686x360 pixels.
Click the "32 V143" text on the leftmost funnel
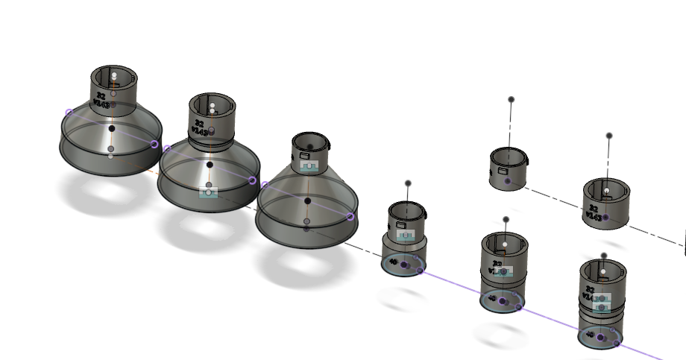[101, 100]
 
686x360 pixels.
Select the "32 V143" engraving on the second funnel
[199, 127]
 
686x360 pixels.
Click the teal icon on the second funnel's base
[209, 192]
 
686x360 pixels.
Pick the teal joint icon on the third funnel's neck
[308, 165]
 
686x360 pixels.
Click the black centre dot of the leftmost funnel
[112, 129]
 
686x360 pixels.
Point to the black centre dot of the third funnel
[307, 200]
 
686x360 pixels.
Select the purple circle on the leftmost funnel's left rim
[69, 113]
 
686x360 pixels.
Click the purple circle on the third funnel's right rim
[350, 217]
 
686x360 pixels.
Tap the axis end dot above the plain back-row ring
[511, 99]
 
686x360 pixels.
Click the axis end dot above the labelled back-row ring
[609, 136]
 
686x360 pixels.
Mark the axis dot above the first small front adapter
[408, 183]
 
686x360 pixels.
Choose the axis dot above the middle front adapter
[506, 220]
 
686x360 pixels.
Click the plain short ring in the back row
[507, 170]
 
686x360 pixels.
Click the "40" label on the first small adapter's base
[392, 262]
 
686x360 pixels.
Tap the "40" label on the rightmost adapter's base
[591, 335]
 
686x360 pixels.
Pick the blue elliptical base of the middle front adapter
[502, 302]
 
